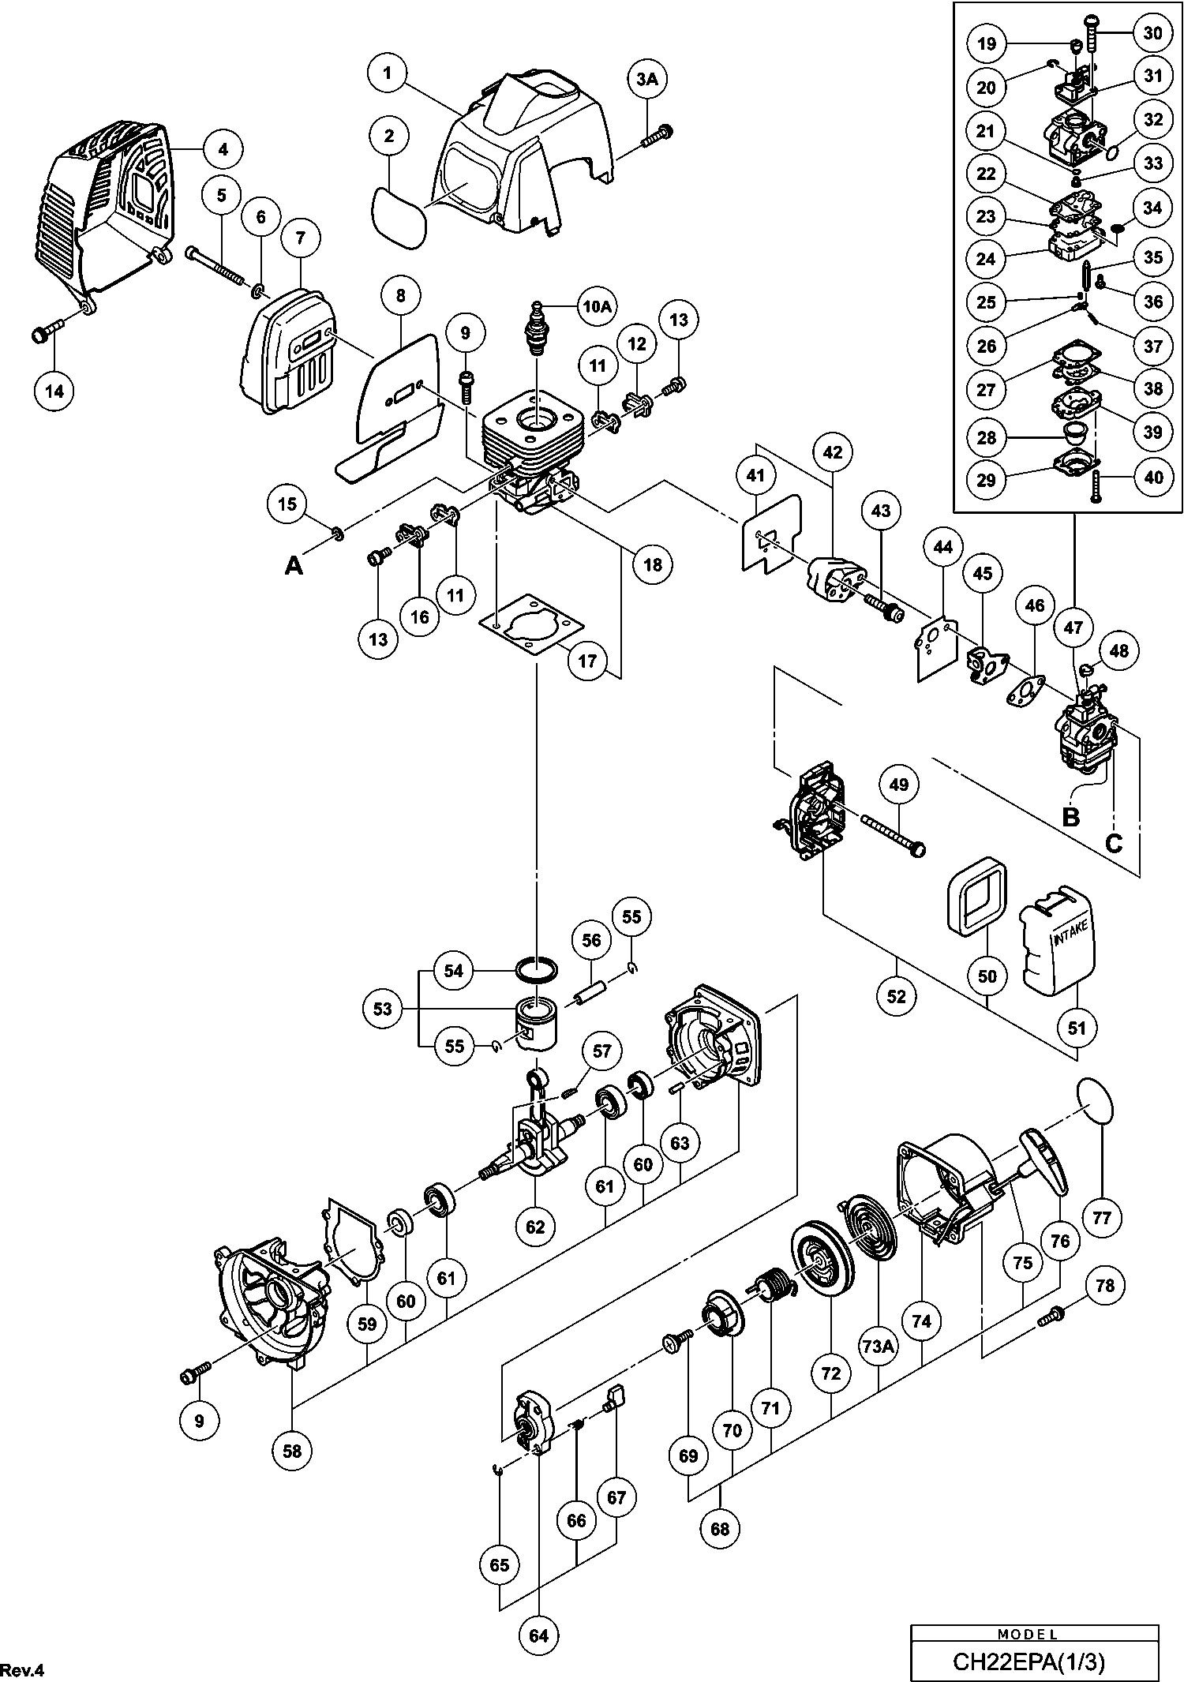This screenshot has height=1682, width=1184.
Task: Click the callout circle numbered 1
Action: (387, 73)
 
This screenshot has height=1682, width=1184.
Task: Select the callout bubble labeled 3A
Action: (646, 79)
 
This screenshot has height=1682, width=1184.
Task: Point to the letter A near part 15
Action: (294, 565)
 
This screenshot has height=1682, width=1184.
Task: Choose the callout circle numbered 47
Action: (1073, 628)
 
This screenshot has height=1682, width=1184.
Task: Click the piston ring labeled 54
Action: (536, 968)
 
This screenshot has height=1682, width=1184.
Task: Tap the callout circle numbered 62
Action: (535, 1226)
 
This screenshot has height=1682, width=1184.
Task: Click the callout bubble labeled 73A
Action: (878, 1348)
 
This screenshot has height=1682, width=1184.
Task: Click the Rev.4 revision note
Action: (25, 1669)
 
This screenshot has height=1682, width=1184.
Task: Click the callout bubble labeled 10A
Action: (598, 307)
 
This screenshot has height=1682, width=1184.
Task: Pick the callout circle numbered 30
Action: (1153, 32)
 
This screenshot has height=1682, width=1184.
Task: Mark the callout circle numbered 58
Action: (292, 1450)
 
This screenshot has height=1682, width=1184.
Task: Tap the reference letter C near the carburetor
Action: (1113, 844)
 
